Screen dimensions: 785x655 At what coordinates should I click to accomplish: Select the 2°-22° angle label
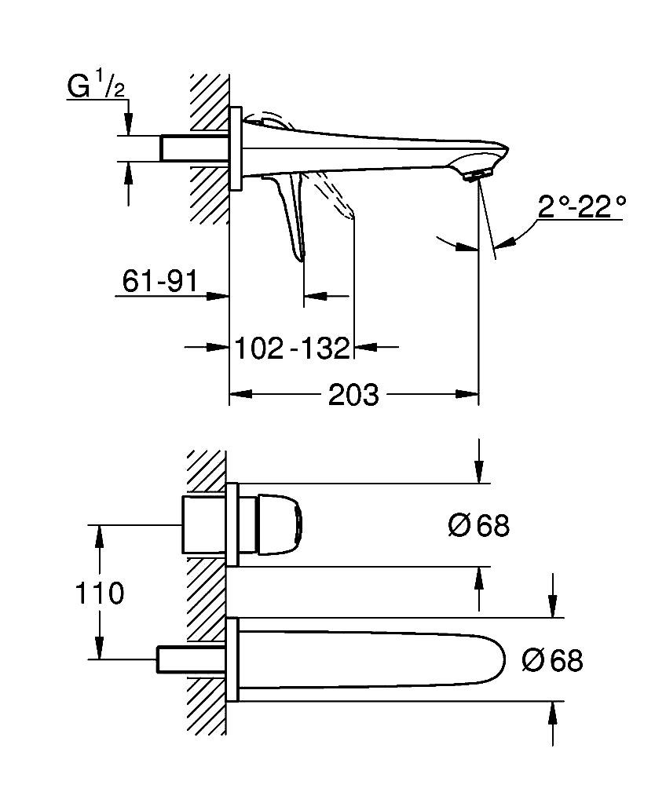[x=582, y=207]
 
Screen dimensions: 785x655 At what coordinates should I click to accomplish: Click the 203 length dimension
[x=353, y=395]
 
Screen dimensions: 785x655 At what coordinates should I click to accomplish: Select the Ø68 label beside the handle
[x=478, y=525]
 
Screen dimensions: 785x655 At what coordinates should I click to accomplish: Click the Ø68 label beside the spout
[x=552, y=660]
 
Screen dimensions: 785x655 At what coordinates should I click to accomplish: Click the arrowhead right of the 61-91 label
[x=219, y=296]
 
